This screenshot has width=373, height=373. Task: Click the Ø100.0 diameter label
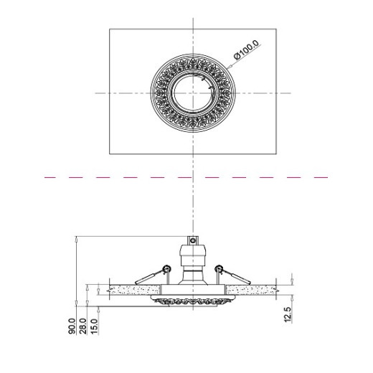(247, 49)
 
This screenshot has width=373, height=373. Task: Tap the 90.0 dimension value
(72, 326)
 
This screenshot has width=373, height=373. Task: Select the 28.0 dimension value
(82, 326)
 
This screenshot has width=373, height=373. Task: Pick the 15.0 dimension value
(94, 326)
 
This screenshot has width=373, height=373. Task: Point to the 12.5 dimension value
(288, 315)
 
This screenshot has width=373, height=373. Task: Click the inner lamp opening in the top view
(193, 93)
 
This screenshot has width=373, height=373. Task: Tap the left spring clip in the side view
(153, 275)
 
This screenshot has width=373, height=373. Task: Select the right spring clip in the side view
(232, 275)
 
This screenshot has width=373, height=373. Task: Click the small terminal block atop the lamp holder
(193, 240)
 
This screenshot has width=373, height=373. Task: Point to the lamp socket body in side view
(193, 264)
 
